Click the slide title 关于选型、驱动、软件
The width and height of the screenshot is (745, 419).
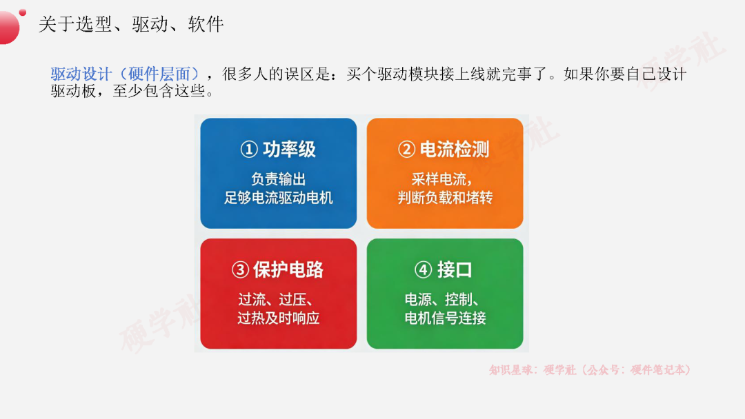click(130, 24)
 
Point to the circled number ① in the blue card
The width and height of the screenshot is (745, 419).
click(249, 150)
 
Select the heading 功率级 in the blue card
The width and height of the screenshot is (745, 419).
click(289, 150)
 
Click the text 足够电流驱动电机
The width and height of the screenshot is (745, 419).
click(279, 197)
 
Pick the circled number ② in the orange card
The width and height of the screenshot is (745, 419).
click(407, 150)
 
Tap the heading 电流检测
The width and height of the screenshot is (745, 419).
click(455, 150)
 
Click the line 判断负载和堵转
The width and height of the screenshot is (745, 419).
click(445, 197)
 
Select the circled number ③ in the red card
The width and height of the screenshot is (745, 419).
click(241, 269)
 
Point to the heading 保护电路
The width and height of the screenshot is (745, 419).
click(288, 269)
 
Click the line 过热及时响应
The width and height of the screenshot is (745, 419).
click(279, 318)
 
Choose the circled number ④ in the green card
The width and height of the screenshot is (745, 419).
click(424, 269)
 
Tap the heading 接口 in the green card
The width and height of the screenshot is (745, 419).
click(455, 269)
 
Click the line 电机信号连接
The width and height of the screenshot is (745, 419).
click(445, 318)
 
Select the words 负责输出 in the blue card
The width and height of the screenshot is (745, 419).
click(279, 179)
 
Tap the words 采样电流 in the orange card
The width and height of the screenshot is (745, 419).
click(439, 179)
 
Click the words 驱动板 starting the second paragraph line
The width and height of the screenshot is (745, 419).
click(73, 91)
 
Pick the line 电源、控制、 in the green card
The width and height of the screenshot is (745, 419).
click(442, 299)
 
